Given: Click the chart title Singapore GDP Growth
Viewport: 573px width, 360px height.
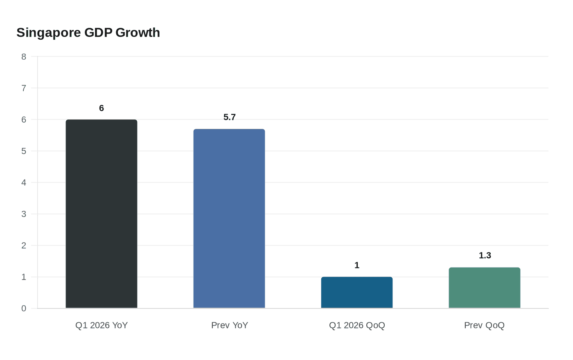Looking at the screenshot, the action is coord(88,33).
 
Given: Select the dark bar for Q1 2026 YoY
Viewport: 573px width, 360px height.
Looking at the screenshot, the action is coord(102,214).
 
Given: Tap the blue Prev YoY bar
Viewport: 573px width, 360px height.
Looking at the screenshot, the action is coord(229,218).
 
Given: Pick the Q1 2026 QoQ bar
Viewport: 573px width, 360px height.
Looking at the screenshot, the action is coord(357,292).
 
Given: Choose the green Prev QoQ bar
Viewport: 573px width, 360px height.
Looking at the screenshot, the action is coord(485,288).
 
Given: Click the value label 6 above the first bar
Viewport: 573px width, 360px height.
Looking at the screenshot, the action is coord(102,108).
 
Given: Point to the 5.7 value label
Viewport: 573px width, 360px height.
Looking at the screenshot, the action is coord(230,117).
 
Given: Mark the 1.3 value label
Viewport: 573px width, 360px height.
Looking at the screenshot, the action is coord(485,255).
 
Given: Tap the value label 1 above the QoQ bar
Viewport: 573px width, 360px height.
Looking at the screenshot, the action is coord(357,265).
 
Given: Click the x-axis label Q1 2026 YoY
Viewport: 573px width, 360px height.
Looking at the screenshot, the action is coord(102,325).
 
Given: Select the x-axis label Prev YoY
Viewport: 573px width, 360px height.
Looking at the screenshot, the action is coord(230,325).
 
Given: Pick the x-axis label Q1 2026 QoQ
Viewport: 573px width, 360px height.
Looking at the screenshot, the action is coord(357,325).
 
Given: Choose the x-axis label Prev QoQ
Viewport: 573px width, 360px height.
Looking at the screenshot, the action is coord(484,325).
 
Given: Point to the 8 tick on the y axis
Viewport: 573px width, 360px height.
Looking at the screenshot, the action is coord(24,57).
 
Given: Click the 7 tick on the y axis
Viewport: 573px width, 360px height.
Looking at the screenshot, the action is coord(24,88).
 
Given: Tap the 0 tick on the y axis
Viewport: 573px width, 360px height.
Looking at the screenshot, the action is coord(24,308).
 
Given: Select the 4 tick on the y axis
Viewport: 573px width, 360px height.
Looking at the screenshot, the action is coord(24,182).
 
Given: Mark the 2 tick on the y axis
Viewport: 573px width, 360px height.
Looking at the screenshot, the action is coord(24,245).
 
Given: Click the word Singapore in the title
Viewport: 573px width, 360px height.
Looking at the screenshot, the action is coord(49,33).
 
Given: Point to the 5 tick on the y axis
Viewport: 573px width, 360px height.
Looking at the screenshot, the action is coord(24,151).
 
